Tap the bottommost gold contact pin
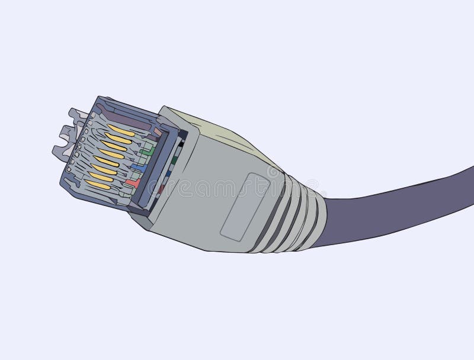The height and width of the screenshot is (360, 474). click(98, 185)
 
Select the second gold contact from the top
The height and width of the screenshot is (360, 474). click(118, 139)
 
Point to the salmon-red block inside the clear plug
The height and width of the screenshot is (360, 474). click(133, 183)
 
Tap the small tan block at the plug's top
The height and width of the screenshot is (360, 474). click(157, 131)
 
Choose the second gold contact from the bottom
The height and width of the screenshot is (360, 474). click(102, 176)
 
